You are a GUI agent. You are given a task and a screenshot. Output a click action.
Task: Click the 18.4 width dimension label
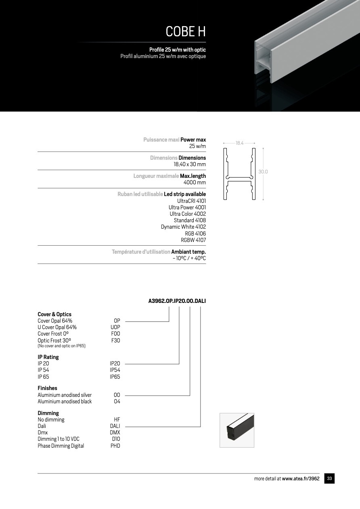240,143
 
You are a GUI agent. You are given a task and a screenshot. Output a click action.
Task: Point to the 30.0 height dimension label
263,172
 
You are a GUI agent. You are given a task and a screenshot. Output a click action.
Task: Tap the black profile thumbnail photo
237,430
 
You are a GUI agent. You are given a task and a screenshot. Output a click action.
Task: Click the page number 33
329,479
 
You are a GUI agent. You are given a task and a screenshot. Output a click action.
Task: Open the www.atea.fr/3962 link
301,479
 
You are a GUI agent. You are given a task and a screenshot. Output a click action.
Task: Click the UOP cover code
115,327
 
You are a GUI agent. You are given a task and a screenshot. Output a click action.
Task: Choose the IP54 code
115,370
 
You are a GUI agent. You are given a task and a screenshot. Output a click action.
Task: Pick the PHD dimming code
115,446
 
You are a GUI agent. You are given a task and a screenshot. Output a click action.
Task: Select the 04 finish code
117,401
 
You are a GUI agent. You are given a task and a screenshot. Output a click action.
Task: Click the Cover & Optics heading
54,314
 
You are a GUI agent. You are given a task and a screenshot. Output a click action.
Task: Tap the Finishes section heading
47,388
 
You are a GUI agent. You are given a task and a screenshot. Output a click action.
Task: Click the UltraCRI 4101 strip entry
191,201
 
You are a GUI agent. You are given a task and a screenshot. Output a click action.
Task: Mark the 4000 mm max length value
195,182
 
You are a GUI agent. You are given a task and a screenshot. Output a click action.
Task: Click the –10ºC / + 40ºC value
189,258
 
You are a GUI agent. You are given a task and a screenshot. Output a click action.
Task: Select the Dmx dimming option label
42,432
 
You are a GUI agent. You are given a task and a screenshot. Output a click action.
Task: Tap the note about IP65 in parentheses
61,346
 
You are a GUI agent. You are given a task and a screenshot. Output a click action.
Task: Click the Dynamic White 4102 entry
183,227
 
